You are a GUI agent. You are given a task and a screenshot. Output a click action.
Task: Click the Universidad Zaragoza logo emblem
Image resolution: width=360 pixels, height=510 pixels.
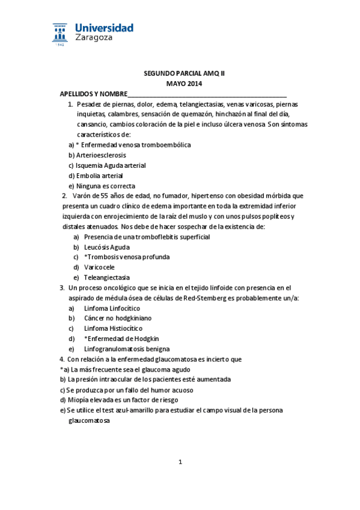[x=60, y=34]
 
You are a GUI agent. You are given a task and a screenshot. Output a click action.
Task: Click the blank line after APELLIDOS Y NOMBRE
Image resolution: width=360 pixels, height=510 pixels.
[x=207, y=94]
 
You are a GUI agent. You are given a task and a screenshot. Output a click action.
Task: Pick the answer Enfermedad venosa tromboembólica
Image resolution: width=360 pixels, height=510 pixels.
[x=133, y=145]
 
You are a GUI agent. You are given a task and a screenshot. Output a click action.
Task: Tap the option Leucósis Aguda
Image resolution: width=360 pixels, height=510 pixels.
[x=107, y=247]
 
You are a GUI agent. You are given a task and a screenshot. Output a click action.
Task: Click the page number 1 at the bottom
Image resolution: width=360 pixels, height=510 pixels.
[x=180, y=462]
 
